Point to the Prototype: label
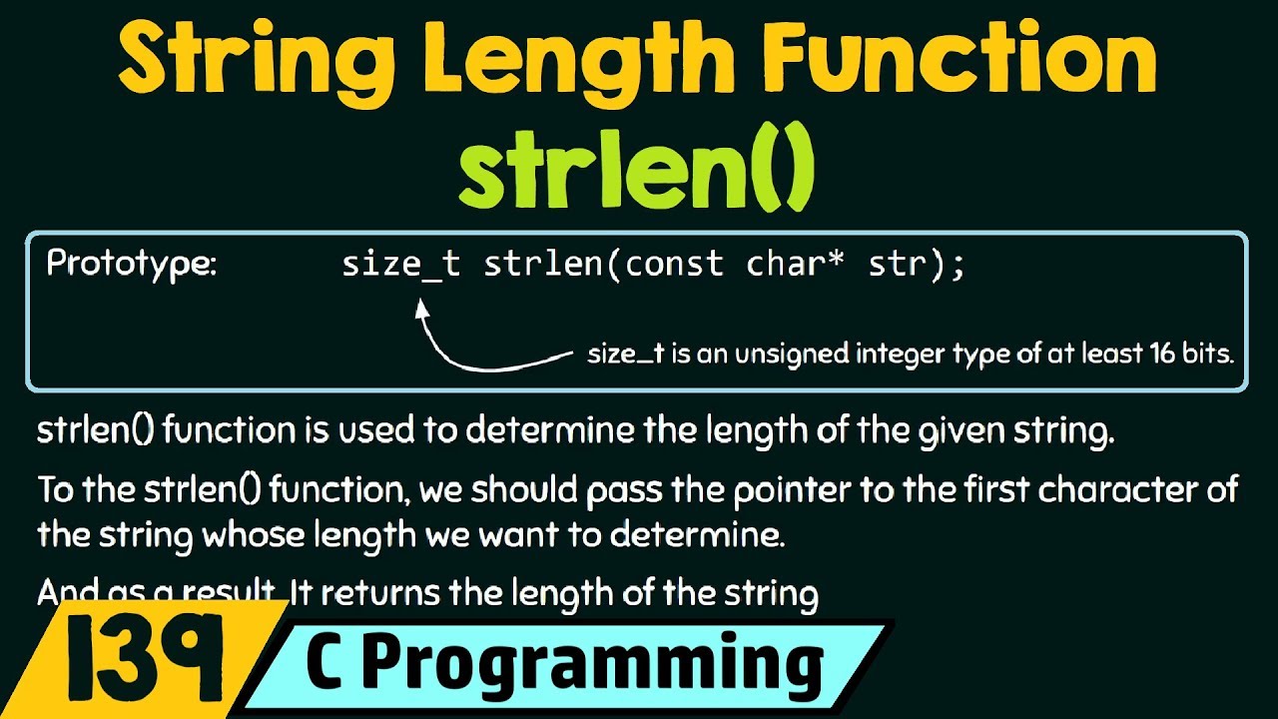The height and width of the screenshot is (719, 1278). [x=131, y=265]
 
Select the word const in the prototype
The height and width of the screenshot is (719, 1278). [x=674, y=265]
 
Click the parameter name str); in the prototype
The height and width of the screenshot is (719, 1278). [x=917, y=265]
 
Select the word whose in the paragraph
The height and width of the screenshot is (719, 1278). [x=244, y=534]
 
